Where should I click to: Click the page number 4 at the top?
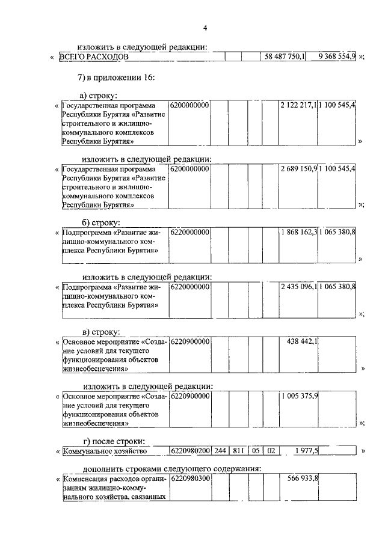click(x=205, y=28)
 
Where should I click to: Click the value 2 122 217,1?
click(x=298, y=105)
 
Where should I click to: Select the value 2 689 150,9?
click(x=298, y=168)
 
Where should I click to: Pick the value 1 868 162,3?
click(x=298, y=231)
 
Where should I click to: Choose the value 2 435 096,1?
click(x=298, y=287)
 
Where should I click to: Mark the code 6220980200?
click(x=190, y=451)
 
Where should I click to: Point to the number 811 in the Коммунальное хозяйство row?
click(x=235, y=451)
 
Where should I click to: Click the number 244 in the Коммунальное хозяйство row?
click(x=220, y=451)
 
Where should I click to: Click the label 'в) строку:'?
click(x=102, y=331)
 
